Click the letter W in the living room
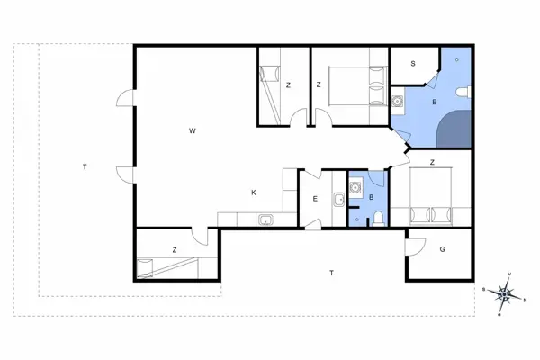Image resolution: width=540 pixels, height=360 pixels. (x=193, y=131)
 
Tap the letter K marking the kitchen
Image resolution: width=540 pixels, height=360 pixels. (x=254, y=192)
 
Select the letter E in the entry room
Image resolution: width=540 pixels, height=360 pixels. (x=315, y=199)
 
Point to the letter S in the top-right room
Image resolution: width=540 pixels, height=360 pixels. (x=413, y=64)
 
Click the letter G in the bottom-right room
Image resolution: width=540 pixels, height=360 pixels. (x=442, y=249)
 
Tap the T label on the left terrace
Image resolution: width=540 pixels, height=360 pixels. (x=84, y=166)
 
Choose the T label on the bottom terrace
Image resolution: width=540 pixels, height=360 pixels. (x=332, y=272)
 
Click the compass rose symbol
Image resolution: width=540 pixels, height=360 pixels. (x=506, y=292)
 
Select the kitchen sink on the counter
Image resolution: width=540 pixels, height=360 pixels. (x=265, y=219)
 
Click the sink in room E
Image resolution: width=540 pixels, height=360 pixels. (x=338, y=200)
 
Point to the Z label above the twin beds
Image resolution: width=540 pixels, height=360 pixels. (x=433, y=162)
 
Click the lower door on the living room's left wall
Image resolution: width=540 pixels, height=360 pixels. (x=124, y=174)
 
